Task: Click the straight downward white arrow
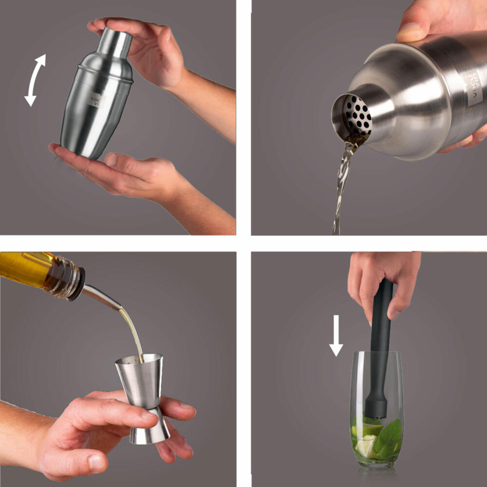pos(336,336)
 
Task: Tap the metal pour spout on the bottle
pos(100,298)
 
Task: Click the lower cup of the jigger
pos(149,429)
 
